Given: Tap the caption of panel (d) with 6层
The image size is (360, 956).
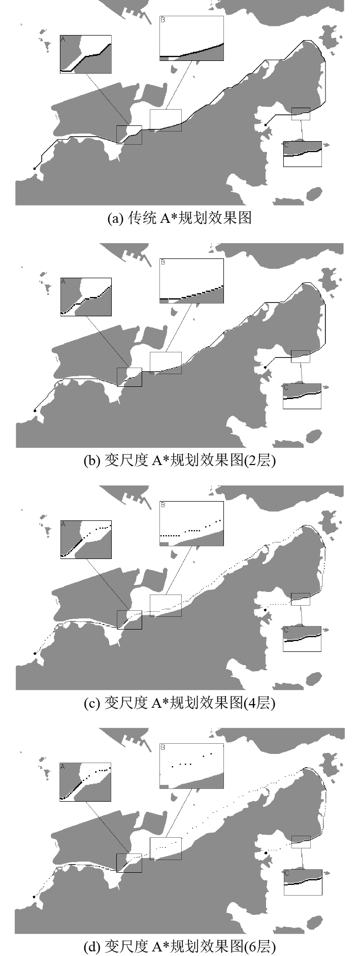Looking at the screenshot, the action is point(180,946).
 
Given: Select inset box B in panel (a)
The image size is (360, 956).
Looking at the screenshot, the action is point(191,39).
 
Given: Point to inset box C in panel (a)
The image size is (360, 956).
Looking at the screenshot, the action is point(303,154).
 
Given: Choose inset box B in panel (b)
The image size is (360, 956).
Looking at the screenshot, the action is point(191,281).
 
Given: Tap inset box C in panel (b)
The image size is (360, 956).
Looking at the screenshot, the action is point(303,396).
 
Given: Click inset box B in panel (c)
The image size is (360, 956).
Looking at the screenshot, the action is point(191,523).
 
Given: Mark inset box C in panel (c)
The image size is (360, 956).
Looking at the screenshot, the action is point(303,639).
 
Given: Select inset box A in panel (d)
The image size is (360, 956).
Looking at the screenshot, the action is point(85,782).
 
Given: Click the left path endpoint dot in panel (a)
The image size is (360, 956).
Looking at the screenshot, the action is point(35,168).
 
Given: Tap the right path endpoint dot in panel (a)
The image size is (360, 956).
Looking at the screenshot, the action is point(265,124).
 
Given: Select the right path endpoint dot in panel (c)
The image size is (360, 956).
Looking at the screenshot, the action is point(265,609).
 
